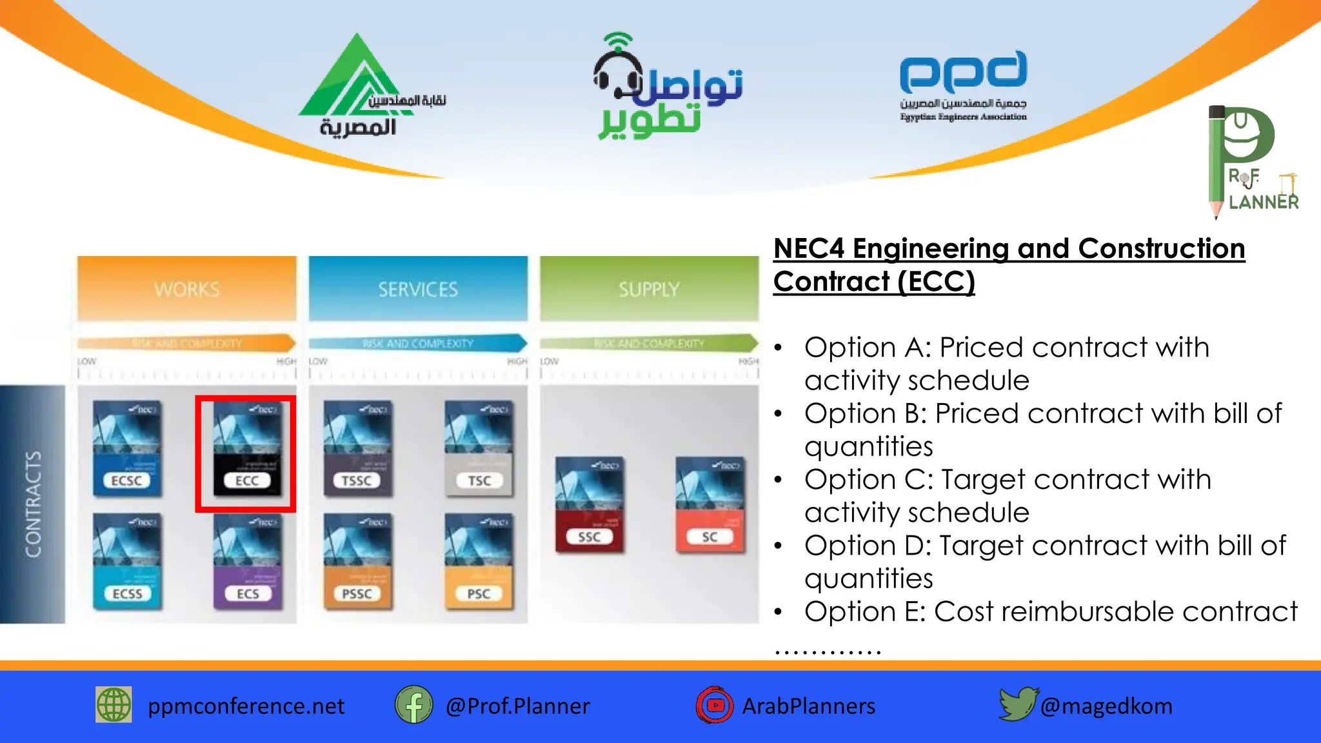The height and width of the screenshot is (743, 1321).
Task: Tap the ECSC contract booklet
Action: click(127, 449)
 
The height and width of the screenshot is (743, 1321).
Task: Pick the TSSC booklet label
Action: click(357, 480)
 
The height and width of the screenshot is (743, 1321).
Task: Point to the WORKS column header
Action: click(187, 289)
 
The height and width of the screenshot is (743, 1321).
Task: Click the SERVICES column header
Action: click(418, 289)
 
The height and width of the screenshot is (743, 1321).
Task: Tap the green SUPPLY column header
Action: click(649, 289)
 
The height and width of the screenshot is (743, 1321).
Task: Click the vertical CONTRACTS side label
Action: click(33, 504)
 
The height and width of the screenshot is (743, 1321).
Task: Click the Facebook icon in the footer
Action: click(413, 705)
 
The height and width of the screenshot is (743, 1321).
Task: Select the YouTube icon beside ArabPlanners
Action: click(715, 705)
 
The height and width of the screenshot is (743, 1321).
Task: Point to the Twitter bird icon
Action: click(1017, 704)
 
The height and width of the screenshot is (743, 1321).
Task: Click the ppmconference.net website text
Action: click(246, 706)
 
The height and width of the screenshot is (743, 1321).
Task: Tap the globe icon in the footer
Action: click(114, 704)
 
